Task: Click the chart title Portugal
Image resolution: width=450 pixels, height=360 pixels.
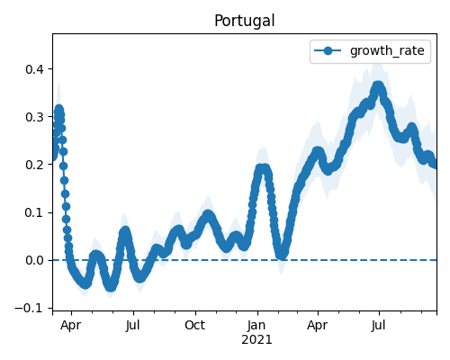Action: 245,21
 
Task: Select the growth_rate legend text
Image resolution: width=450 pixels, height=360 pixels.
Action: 387,51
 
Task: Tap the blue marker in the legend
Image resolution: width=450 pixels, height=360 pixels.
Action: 328,50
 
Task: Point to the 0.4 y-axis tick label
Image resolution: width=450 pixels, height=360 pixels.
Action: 34,69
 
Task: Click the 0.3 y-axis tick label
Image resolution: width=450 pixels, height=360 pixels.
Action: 34,117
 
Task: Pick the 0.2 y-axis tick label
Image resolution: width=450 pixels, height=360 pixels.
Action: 34,165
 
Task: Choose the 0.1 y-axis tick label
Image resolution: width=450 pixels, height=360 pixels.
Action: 34,212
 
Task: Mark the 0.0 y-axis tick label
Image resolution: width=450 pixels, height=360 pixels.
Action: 34,260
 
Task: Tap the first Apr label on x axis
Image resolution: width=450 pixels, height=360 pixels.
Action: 71,325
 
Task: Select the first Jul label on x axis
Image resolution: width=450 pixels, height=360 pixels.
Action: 132,325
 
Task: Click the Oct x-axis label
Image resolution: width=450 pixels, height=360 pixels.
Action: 195,325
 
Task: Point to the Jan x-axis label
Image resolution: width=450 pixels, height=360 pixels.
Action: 256,325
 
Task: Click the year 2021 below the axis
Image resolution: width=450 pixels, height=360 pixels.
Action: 256,340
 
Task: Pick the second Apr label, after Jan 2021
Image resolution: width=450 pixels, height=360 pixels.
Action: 317,325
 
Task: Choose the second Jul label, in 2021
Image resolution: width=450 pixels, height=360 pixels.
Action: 379,325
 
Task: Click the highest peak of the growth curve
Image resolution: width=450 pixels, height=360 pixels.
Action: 378,86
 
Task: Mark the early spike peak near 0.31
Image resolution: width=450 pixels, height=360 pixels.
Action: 58,109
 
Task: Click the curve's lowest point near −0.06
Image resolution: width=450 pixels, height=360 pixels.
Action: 111,286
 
